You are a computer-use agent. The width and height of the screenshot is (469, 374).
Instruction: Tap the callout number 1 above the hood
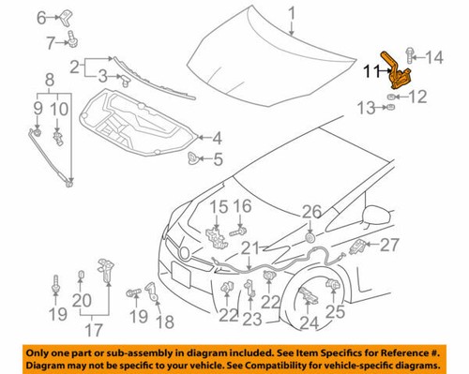click(292, 12)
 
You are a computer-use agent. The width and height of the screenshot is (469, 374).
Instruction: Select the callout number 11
click(371, 68)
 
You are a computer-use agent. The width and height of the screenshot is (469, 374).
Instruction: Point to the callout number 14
click(432, 59)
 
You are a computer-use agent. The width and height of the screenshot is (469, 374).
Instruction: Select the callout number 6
click(40, 17)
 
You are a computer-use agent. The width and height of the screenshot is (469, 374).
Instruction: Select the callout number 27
click(389, 245)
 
